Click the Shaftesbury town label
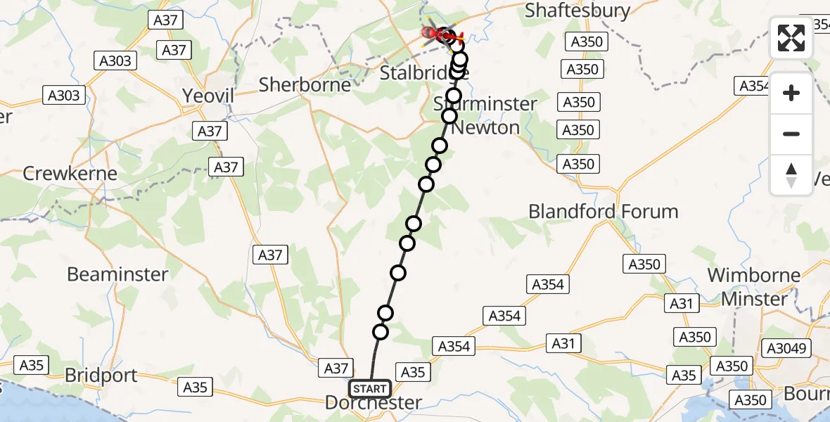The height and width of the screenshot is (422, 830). click(x=577, y=11)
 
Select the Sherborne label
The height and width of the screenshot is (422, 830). click(x=305, y=85)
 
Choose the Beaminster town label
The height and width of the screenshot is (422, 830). click(x=117, y=274)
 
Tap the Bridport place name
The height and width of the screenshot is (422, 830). click(x=101, y=376)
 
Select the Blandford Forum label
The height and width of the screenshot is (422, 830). click(x=603, y=211)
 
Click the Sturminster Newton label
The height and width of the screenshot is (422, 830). click(x=485, y=116)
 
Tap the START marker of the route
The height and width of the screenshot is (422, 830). click(x=370, y=389)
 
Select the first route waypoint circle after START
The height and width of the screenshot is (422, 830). click(x=381, y=332)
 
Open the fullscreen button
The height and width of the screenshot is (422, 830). click(x=791, y=38)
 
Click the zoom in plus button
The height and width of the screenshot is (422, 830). click(x=791, y=93)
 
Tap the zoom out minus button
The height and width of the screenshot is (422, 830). click(x=791, y=134)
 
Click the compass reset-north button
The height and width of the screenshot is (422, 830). click(x=791, y=175)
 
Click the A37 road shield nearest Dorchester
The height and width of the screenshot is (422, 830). click(x=335, y=367)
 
